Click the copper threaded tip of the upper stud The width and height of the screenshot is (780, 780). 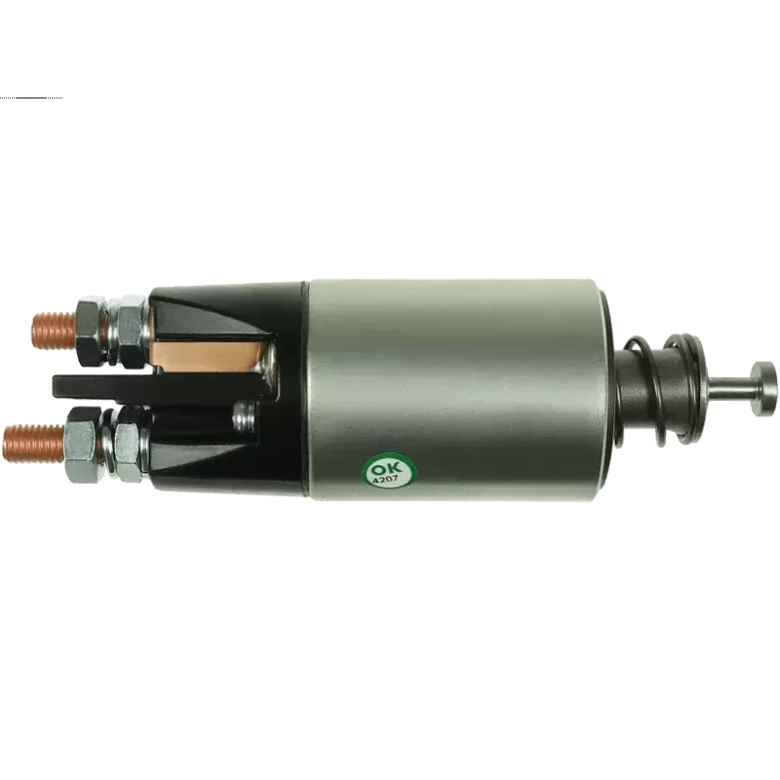[54, 330]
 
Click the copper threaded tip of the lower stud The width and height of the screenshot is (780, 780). [34, 444]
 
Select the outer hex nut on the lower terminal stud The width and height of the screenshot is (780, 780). [85, 445]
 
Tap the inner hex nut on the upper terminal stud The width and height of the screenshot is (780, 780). [131, 331]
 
